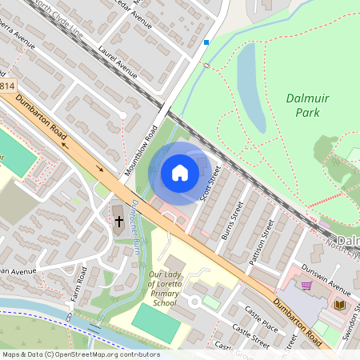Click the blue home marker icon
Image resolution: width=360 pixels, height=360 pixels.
(x=180, y=173)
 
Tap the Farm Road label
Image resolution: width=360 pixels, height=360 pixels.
(x=79, y=280)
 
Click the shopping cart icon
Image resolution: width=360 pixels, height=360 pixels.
(x=306, y=286)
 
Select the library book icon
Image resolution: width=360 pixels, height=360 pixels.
(x=339, y=305)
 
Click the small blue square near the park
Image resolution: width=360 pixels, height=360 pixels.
(x=206, y=42)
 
